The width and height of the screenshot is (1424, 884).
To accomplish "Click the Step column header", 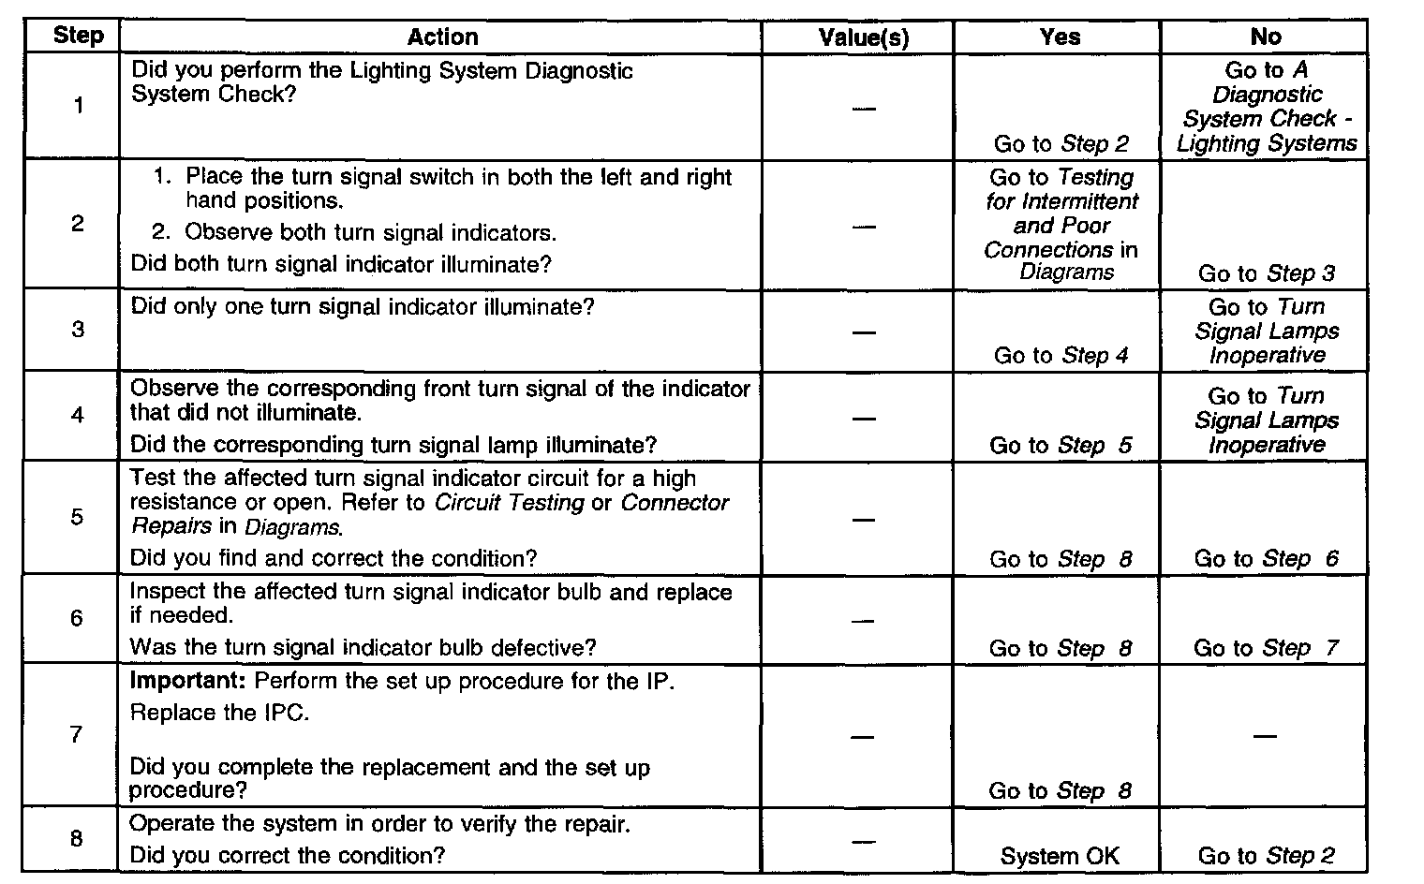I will coord(78,37).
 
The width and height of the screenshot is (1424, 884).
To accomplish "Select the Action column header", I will coord(442,37).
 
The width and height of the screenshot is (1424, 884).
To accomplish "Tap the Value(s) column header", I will coord(864,37).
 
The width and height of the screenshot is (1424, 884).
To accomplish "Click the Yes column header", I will coord(1060,37).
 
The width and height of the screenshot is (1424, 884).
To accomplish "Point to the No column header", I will coord(1266,37).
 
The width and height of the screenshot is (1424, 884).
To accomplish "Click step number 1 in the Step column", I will coord(78,105).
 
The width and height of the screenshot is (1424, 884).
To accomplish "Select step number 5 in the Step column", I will coord(77,517).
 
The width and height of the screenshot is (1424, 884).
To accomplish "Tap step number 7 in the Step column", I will coord(77,734).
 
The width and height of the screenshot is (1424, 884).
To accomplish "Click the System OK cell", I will coord(1060,856).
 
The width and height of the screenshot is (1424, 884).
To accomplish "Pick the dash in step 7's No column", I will coord(1265,736).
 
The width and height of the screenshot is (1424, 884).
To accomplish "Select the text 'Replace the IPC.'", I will coord(219,713).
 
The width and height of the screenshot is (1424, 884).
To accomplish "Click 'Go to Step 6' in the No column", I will coord(1266,559).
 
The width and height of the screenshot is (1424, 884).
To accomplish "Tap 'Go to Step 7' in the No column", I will coord(1266,648).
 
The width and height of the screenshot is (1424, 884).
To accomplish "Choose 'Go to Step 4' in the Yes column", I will coord(1061,355).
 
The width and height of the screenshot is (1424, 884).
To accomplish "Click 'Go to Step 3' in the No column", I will coord(1266,273).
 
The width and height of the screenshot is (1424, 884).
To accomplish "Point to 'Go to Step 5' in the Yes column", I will coord(1061,445).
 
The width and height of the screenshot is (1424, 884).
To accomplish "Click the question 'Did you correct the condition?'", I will coord(287,855).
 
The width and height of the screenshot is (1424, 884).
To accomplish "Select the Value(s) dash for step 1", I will coord(864,109).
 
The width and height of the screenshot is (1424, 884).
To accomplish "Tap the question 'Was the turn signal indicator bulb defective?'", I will coord(363,647).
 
